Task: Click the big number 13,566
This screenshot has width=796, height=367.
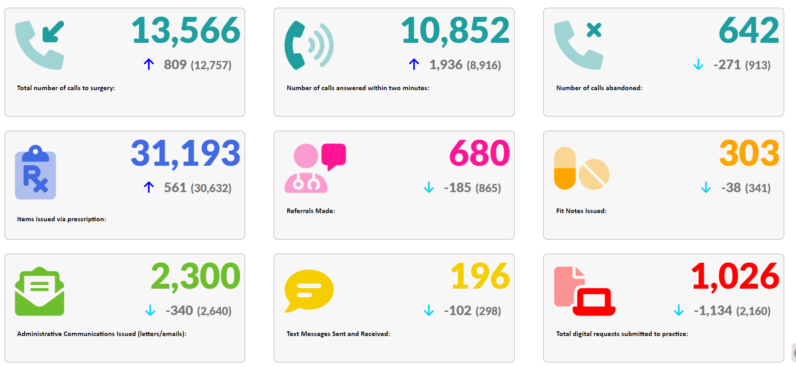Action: pos(186,31)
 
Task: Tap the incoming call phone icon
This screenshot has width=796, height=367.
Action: pos(40,45)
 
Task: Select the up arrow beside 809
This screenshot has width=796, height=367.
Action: pos(149,64)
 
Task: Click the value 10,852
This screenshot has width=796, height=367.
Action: pos(455,31)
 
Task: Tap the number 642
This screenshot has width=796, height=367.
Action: pos(749,31)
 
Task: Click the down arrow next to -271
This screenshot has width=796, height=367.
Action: pos(698,65)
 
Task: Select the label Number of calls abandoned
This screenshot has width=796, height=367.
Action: pos(599,88)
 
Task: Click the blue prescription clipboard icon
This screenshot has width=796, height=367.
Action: pos(35,173)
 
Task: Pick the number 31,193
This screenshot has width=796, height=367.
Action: pos(185,153)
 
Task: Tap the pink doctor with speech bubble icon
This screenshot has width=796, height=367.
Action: pos(315,168)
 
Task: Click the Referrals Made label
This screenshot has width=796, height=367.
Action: pos(310,211)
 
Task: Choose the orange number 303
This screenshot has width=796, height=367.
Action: pos(749,153)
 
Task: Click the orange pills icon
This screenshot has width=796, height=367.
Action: pos(581,168)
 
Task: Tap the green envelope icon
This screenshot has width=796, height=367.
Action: pos(40,291)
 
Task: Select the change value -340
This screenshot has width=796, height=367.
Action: pos(180,311)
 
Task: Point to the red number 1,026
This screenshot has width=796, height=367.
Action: pos(735,276)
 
